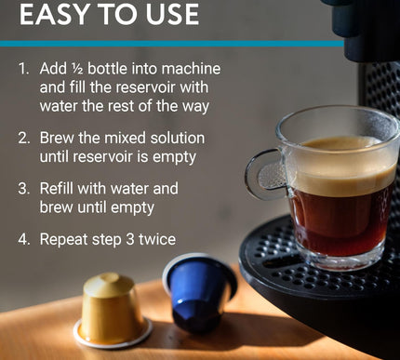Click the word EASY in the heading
pyautogui.click(x=53, y=14)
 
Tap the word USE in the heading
pyautogui.click(x=172, y=14)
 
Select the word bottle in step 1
pyautogui.click(x=108, y=69)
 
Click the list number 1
pyautogui.click(x=23, y=69)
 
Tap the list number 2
pyautogui.click(x=24, y=138)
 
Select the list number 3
pyautogui.click(x=24, y=189)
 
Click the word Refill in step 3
pyautogui.click(x=57, y=188)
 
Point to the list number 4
pyautogui.click(x=24, y=239)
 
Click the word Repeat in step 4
pyautogui.click(x=63, y=240)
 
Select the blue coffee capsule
pyautogui.click(x=198, y=291)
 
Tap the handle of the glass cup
pyautogui.click(x=258, y=174)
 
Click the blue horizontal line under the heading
pyautogui.click(x=172, y=44)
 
